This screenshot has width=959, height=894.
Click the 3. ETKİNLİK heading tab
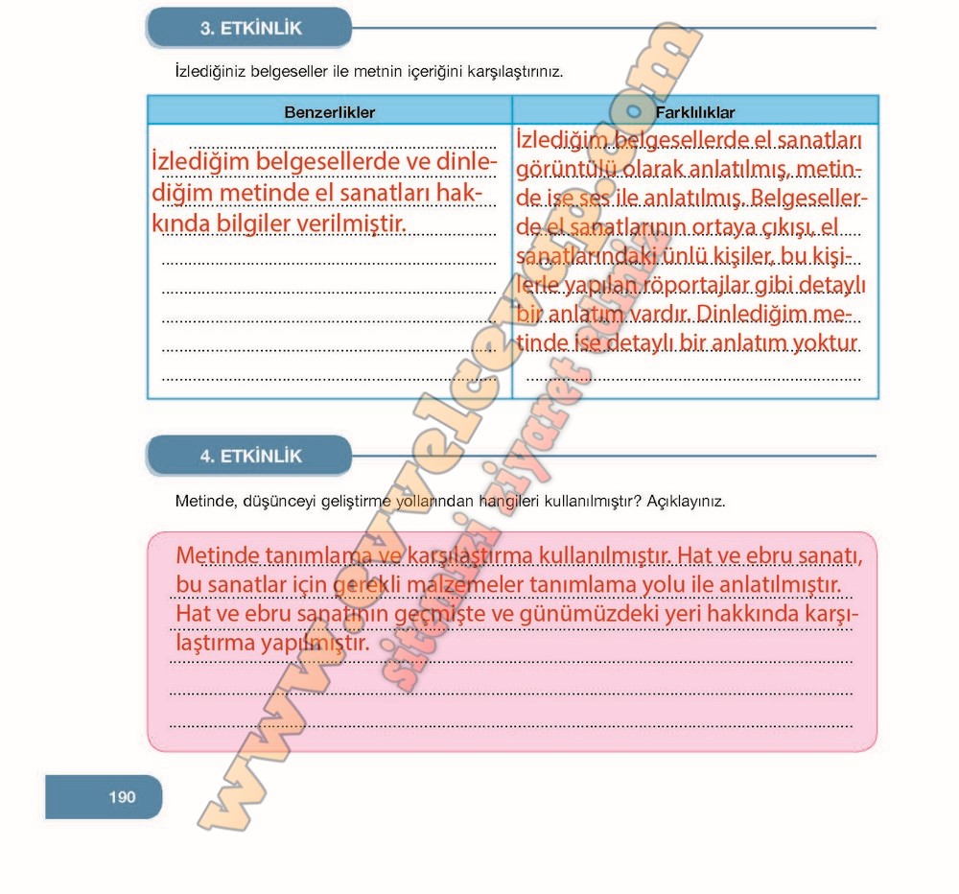coord(249,28)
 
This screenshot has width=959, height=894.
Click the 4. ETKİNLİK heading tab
coord(249,457)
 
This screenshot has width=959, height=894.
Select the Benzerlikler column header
coord(329,112)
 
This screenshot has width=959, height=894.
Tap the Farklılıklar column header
coord(695,112)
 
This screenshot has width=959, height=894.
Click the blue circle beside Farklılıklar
coord(633,111)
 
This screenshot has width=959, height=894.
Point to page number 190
coord(122,796)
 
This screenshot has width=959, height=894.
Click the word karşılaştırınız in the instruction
coord(512,71)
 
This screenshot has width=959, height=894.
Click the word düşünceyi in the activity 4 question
coord(275,501)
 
